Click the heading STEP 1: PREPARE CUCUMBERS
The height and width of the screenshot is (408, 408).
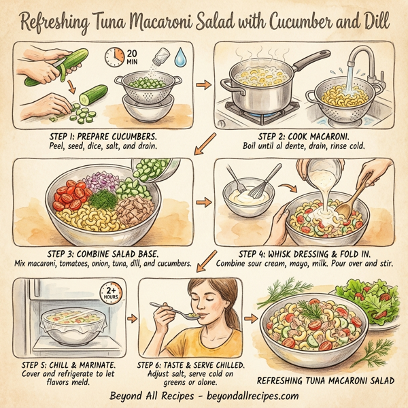(x=100, y=136)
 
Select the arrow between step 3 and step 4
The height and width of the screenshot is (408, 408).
(x=202, y=202)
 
